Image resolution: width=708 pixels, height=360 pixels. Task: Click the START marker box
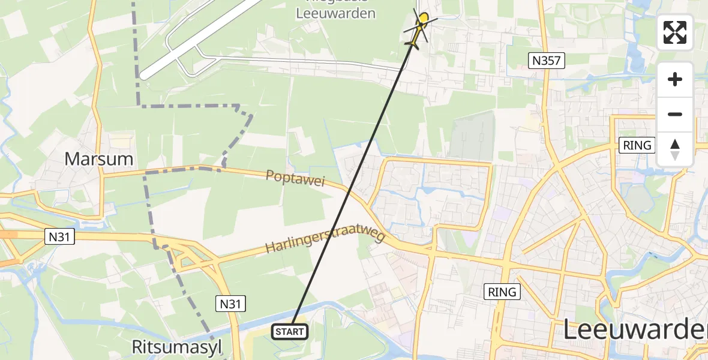coord(290,331)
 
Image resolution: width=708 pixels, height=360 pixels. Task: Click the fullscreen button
coord(675,32)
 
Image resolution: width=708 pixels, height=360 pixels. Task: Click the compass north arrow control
coord(675,149)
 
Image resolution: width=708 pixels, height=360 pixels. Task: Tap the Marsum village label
coord(98,159)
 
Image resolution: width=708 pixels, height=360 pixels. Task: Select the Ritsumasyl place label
coord(177,347)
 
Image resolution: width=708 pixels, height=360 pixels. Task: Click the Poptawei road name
coord(296,178)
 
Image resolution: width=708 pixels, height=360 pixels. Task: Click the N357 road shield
coord(547,60)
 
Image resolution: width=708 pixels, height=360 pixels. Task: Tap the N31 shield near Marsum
coord(60,237)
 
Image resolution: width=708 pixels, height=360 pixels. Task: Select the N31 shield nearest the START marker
coord(230,304)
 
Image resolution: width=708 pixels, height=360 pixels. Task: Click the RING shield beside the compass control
coord(637,145)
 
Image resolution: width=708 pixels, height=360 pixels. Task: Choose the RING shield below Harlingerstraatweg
coord(502,292)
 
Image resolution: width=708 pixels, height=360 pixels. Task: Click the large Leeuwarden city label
coord(635,331)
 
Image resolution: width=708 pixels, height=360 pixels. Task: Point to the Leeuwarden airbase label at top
coord(336,12)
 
